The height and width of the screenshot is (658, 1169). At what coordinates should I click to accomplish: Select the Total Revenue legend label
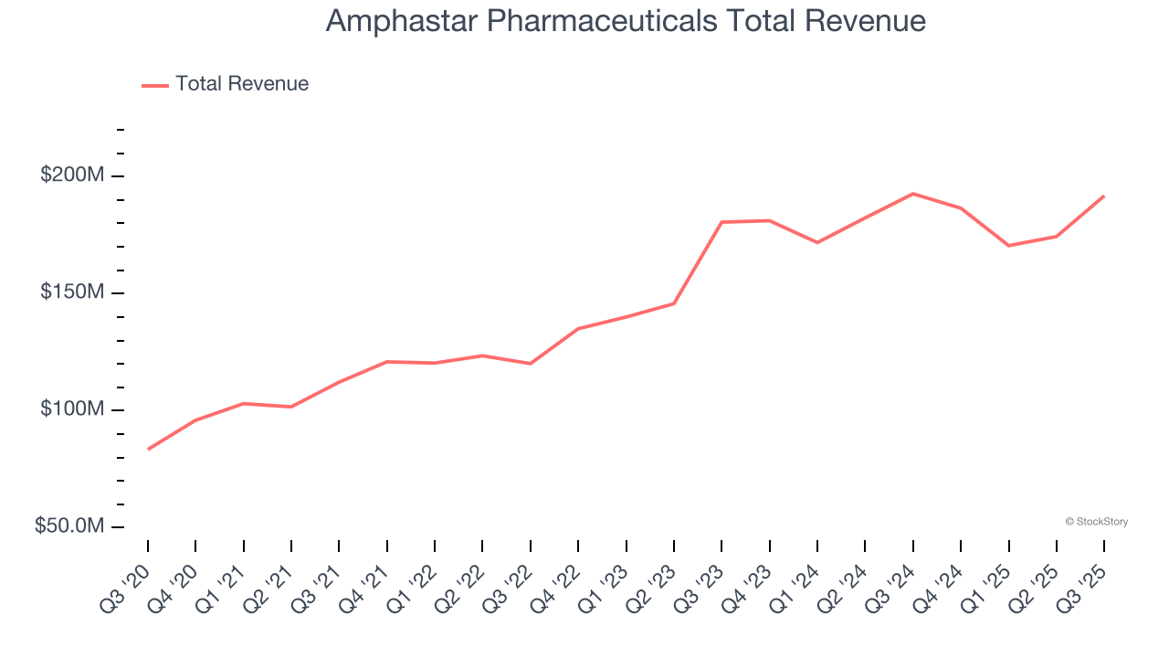coord(242,84)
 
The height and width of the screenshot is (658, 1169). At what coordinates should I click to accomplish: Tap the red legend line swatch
coord(155,85)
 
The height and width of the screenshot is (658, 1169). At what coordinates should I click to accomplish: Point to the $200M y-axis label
coord(71,175)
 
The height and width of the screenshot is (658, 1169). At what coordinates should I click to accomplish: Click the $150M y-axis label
coord(71,292)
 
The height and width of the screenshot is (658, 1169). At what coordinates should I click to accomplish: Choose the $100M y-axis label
coord(71,409)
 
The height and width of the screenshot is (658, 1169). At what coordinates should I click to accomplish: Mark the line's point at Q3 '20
coord(148,449)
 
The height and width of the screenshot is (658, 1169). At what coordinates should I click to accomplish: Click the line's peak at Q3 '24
coord(912,194)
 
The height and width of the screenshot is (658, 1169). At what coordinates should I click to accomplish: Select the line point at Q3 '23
coord(721,222)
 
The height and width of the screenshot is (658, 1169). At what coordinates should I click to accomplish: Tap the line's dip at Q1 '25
coord(1008,246)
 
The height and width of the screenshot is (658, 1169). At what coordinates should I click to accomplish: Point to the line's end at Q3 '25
coord(1103,196)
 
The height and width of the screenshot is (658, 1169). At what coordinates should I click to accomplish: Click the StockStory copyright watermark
coord(1096,522)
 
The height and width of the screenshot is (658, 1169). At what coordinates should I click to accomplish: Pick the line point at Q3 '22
coord(531,364)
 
